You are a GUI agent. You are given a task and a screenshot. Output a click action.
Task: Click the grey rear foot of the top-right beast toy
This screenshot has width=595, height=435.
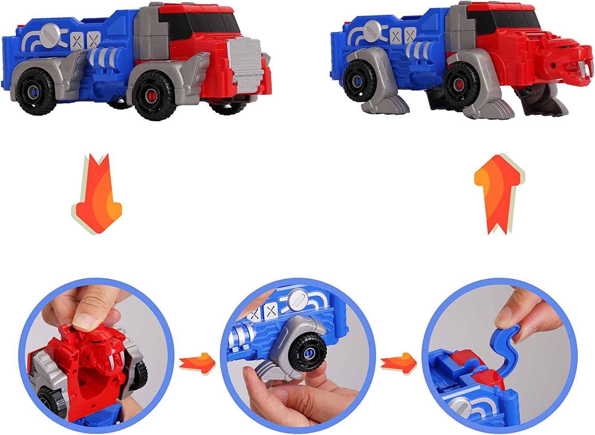pos(383,105)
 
